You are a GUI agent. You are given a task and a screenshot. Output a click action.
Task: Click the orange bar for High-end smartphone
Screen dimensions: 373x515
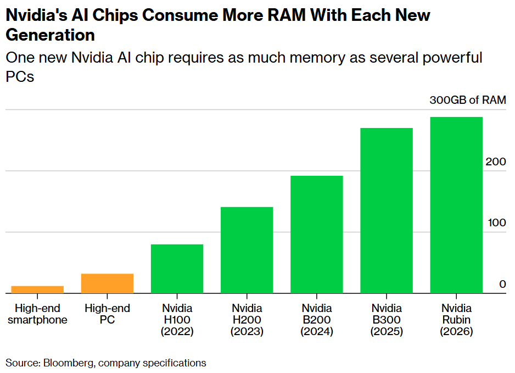[37, 290]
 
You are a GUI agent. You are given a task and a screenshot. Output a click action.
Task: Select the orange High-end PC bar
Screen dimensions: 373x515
[107, 283]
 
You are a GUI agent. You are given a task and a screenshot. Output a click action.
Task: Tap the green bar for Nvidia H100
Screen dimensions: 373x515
[177, 269]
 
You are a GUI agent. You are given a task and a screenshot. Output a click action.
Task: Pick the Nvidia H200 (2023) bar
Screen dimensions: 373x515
[247, 250]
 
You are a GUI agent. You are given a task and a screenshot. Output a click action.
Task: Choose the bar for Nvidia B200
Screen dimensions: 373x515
[316, 235]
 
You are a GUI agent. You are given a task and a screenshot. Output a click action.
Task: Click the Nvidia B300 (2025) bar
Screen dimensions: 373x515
[386, 210]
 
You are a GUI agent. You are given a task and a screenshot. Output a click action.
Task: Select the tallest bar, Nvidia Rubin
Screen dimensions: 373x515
[456, 205]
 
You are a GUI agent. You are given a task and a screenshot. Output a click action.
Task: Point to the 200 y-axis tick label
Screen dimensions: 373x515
[495, 162]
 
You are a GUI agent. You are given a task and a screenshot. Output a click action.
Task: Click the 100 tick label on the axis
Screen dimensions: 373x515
[495, 223]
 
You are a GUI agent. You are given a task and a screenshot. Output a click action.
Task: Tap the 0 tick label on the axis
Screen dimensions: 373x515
[502, 284]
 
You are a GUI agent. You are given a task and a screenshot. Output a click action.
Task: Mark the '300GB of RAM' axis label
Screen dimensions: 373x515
[467, 101]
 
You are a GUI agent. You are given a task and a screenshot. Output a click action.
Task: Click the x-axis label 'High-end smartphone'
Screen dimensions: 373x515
[37, 314]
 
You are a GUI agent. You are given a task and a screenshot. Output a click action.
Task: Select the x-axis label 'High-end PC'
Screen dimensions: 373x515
[107, 314]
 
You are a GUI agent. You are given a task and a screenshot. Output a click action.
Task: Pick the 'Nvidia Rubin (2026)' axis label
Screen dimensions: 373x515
[456, 320]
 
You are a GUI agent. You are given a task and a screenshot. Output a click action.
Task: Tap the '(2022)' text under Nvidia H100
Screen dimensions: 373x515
[177, 332]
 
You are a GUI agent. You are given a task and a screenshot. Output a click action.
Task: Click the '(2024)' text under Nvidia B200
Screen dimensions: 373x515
[316, 332]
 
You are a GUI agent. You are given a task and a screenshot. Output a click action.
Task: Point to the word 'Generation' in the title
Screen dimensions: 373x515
[50, 35]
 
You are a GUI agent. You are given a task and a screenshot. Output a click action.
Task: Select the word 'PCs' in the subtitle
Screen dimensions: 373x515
[20, 76]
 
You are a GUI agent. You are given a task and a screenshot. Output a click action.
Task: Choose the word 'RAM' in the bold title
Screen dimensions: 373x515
[282, 15]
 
